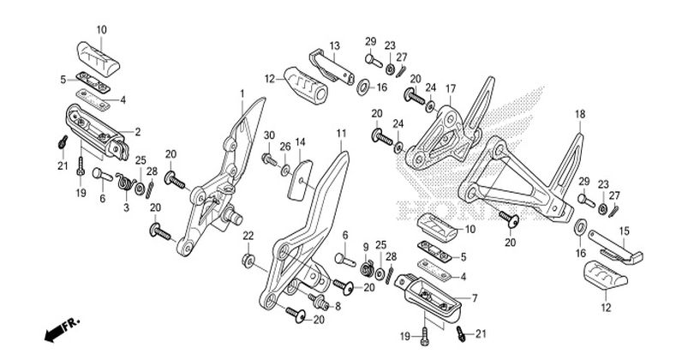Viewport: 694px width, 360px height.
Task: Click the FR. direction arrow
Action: [62, 329]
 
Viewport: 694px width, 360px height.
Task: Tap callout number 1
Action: [242, 93]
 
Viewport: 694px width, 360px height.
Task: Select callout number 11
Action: [341, 133]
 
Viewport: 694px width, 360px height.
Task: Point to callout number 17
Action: [450, 89]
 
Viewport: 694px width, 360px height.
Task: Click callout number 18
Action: [580, 114]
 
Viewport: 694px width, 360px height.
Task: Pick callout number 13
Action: [335, 45]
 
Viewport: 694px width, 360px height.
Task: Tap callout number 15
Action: [624, 231]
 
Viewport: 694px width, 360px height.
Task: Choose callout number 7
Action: [475, 298]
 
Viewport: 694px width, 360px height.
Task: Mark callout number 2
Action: [138, 131]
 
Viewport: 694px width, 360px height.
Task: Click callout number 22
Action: [248, 236]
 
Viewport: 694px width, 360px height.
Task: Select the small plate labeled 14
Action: [300, 180]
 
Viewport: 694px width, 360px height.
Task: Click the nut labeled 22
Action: [248, 261]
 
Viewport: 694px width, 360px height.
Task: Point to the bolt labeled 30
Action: [269, 159]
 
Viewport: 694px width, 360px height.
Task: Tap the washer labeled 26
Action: [285, 169]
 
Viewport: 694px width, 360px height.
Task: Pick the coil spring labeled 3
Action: [126, 181]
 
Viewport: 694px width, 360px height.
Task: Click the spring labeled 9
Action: [367, 268]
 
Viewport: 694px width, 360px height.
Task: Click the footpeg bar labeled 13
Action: [332, 68]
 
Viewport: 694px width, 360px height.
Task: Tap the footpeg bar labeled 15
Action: [616, 249]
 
